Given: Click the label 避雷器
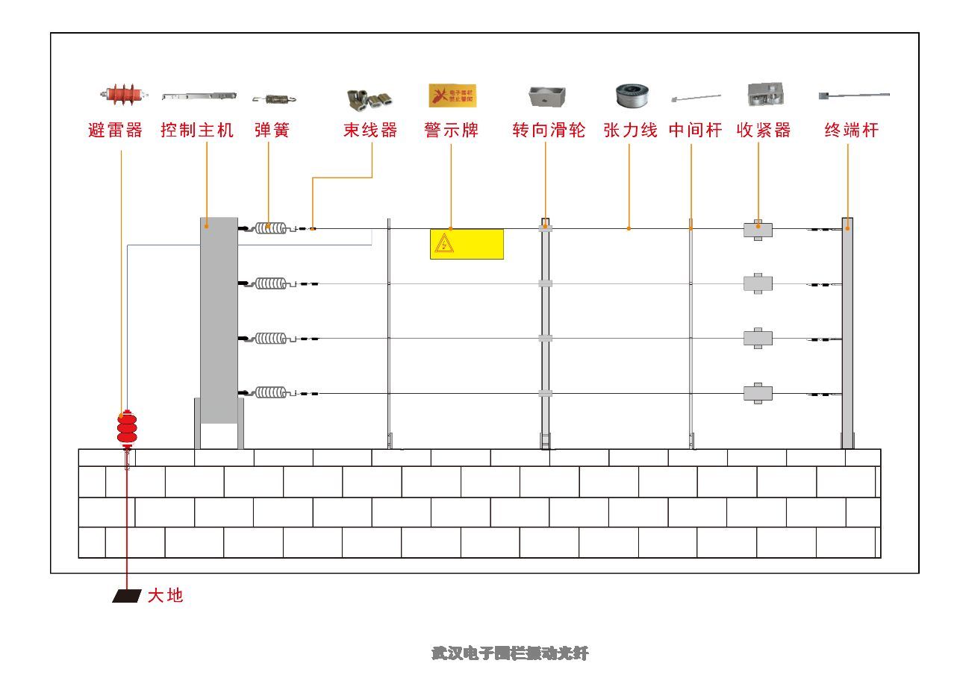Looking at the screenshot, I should (115, 131).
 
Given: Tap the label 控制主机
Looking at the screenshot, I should (197, 131).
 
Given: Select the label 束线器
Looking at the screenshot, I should (370, 131).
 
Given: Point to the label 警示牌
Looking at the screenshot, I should (451, 131).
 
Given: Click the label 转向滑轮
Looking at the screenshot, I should (549, 131).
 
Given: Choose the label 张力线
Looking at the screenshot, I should (630, 131).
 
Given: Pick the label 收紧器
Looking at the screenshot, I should (763, 131).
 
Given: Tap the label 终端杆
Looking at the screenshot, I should (852, 131).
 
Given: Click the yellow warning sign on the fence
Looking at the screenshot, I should (467, 244).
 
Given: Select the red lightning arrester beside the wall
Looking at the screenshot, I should (127, 427).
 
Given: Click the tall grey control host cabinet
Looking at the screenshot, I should (219, 321).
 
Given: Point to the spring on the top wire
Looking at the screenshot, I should (271, 228).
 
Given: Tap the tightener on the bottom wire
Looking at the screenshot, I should (758, 392).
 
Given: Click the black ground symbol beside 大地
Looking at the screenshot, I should (127, 596).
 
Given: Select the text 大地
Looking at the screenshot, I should (165, 596).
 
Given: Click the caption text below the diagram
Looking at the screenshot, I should (510, 653).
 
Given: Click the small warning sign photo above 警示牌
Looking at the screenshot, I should (452, 95).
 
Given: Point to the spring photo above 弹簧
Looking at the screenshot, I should (275, 98).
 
